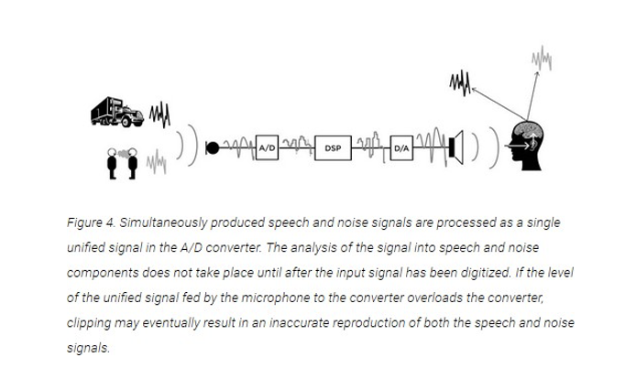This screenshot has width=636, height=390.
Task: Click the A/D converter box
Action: pyautogui.click(x=268, y=147)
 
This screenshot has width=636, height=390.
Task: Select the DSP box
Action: pyautogui.click(x=333, y=147)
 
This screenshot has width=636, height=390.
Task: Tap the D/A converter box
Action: pyautogui.click(x=401, y=147)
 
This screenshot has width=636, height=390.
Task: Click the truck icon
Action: pyautogui.click(x=118, y=112)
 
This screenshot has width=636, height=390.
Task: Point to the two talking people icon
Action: pyautogui.click(x=121, y=163)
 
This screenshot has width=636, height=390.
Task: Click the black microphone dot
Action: pyautogui.click(x=213, y=147)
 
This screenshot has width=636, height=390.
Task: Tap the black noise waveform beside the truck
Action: pyautogui.click(x=159, y=115)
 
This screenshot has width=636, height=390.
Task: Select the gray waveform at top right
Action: pyautogui.click(x=541, y=60)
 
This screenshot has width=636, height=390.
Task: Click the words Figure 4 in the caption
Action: pyautogui.click(x=89, y=223)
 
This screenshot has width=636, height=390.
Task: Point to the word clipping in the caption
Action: pyautogui.click(x=89, y=323)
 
